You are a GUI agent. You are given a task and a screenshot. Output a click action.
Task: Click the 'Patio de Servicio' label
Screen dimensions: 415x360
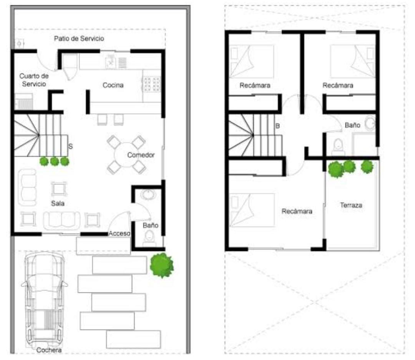pyautogui.click(x=79, y=39)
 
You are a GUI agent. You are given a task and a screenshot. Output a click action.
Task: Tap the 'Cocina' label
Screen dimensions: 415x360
pyautogui.click(x=113, y=85)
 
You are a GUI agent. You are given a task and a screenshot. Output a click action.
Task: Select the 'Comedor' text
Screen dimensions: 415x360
pyautogui.click(x=141, y=155)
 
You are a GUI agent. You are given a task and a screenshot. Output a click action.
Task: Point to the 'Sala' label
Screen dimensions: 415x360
pyautogui.click(x=58, y=203)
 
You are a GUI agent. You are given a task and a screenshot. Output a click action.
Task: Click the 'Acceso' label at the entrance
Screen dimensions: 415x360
pyautogui.click(x=120, y=233)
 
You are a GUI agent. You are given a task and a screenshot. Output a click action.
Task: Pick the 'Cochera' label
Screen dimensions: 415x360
pyautogui.click(x=49, y=350)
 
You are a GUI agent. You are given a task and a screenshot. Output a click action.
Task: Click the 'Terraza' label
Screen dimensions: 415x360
pyautogui.click(x=351, y=205)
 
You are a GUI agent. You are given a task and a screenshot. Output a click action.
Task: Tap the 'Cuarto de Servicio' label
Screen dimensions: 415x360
pyautogui.click(x=34, y=80)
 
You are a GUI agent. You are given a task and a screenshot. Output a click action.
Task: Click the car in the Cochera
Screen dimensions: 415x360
pyautogui.click(x=45, y=299)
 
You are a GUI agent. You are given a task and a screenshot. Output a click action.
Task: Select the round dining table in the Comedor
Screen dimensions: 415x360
pyautogui.click(x=127, y=155)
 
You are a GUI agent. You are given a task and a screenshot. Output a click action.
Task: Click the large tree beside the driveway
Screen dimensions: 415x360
pyautogui.click(x=162, y=265)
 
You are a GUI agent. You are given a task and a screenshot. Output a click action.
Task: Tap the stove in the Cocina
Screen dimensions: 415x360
pyautogui.click(x=152, y=85)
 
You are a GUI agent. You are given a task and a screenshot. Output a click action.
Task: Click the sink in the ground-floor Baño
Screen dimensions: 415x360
pyautogui.click(x=148, y=194)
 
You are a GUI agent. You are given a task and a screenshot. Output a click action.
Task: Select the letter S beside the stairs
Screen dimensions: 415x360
pyautogui.click(x=70, y=146)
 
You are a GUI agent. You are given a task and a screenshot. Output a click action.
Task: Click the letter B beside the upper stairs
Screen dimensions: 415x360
pyautogui.click(x=277, y=126)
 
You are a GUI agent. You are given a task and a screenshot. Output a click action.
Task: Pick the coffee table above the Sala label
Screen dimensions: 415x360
pyautogui.click(x=59, y=189)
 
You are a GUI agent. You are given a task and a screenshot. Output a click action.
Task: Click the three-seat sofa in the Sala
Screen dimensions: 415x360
pyautogui.click(x=61, y=221)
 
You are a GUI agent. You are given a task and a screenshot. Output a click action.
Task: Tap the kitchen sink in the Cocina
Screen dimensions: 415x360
pyautogui.click(x=111, y=62)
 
